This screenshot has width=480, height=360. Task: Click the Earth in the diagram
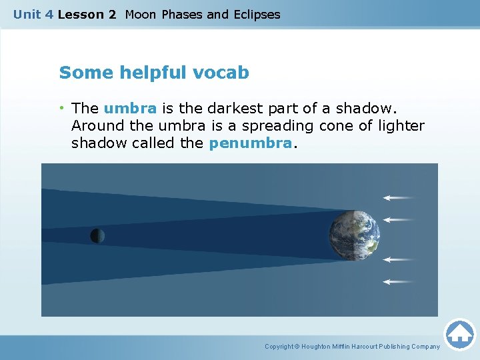coord(354,235)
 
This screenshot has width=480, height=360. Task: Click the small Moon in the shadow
coord(97,235)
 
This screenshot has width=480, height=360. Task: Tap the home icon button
coord(459,333)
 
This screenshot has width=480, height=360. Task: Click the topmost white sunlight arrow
coord(398,197)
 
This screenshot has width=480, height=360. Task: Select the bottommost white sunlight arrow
coord(398,282)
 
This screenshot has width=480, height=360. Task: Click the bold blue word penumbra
coord(250,143)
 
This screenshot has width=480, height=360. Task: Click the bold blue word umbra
coord(130,108)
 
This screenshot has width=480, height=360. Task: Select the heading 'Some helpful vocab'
coord(154,73)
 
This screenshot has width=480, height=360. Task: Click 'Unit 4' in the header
coord(33,15)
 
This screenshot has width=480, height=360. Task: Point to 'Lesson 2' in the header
coord(87,15)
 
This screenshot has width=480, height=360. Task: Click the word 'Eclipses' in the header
coord(257,15)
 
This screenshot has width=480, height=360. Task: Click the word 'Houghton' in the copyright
coord(317,347)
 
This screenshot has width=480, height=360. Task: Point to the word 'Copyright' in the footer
coord(279,347)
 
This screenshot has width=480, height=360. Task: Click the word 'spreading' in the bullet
coord(273,125)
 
